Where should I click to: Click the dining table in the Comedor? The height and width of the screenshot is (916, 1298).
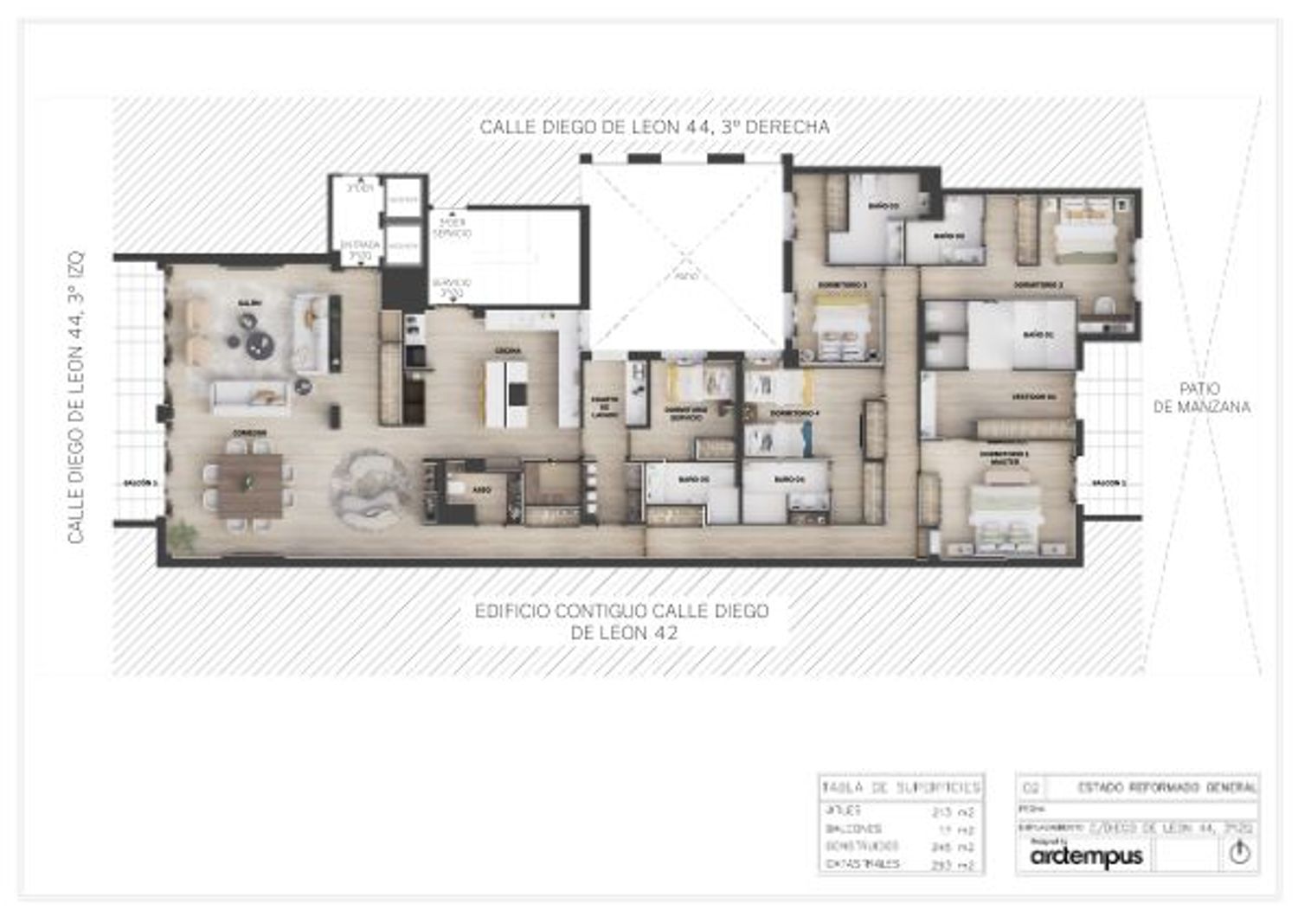[x=249, y=485]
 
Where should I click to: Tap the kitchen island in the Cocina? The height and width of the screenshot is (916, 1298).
[x=506, y=394]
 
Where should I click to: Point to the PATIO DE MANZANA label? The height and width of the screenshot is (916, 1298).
[x=1201, y=398]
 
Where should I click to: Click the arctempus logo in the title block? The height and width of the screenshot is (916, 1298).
[x=1087, y=856]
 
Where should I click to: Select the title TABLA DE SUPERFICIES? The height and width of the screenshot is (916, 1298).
[x=901, y=788]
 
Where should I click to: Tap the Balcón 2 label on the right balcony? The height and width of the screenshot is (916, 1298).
[x=1108, y=483]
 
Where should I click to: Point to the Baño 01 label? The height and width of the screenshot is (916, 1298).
[x=1036, y=334]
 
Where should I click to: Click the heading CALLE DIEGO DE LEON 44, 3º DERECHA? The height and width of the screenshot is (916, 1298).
[x=654, y=127]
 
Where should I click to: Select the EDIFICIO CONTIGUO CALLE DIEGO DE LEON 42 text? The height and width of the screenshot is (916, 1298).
[x=621, y=622]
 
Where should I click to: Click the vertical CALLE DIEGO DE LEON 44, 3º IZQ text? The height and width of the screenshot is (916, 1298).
[x=76, y=398]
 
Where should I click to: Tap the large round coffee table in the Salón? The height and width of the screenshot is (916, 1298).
[x=259, y=345]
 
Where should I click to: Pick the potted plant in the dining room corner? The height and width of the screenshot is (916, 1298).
[x=183, y=536]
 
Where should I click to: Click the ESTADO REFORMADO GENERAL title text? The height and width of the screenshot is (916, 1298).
[x=1166, y=788]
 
